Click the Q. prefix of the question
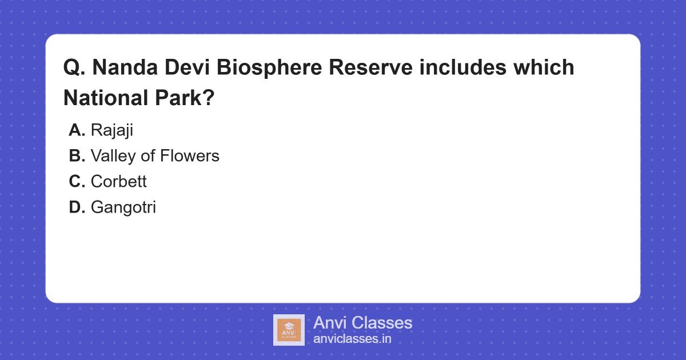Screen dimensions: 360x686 [74, 68]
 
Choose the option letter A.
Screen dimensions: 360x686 [77, 130]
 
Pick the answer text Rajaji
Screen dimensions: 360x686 [111, 130]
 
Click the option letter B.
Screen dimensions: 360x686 [77, 156]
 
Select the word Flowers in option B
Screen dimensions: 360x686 [193, 156]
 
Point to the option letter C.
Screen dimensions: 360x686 [77, 182]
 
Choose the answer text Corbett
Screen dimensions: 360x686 [118, 182]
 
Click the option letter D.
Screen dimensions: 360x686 [77, 207]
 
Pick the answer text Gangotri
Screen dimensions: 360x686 [123, 207]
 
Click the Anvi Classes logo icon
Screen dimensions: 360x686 [289, 330]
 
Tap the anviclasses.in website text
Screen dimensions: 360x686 [352, 339]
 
